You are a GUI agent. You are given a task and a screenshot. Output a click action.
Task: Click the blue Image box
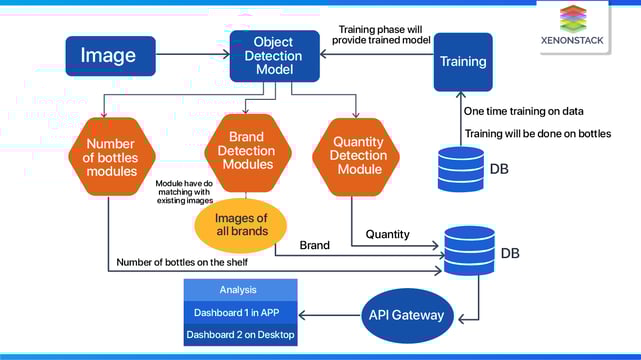point(110,57)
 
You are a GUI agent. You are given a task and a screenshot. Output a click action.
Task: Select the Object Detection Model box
point(274,57)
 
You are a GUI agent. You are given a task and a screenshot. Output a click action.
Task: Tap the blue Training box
point(463,62)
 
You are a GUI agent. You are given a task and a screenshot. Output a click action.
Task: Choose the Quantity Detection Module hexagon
point(357,155)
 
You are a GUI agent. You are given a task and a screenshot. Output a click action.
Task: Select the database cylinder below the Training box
point(461,169)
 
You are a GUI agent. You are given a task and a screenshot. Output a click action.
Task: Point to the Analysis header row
point(240,289)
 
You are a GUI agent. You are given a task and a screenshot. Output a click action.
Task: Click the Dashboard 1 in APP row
point(240,311)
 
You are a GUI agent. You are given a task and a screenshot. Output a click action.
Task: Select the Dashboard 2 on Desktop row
point(240,335)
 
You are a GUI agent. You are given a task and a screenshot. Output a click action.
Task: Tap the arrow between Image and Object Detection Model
point(192,57)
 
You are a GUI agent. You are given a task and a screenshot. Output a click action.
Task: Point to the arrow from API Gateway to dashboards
point(330,316)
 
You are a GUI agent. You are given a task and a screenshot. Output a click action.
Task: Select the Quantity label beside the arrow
point(387,235)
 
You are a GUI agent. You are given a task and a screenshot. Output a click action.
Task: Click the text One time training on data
point(523,111)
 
